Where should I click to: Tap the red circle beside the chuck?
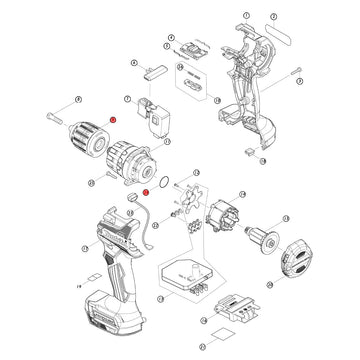(x=114, y=119)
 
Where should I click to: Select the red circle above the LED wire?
(x=146, y=190)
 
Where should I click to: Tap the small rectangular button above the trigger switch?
(x=155, y=70)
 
